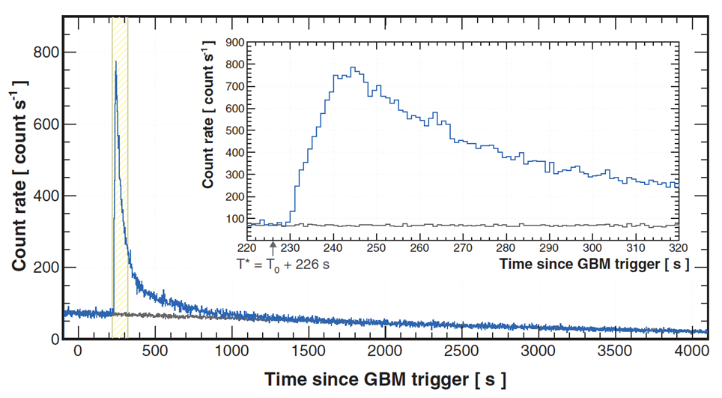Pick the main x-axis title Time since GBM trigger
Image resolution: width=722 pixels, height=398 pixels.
click(384, 379)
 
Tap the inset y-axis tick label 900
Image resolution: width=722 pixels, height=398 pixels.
click(235, 43)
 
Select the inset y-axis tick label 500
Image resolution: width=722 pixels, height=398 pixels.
click(235, 130)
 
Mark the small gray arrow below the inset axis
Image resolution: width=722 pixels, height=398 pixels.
click(273, 245)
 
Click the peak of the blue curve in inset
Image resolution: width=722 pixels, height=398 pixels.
click(353, 67)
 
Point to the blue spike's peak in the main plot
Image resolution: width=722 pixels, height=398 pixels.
click(115, 62)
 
